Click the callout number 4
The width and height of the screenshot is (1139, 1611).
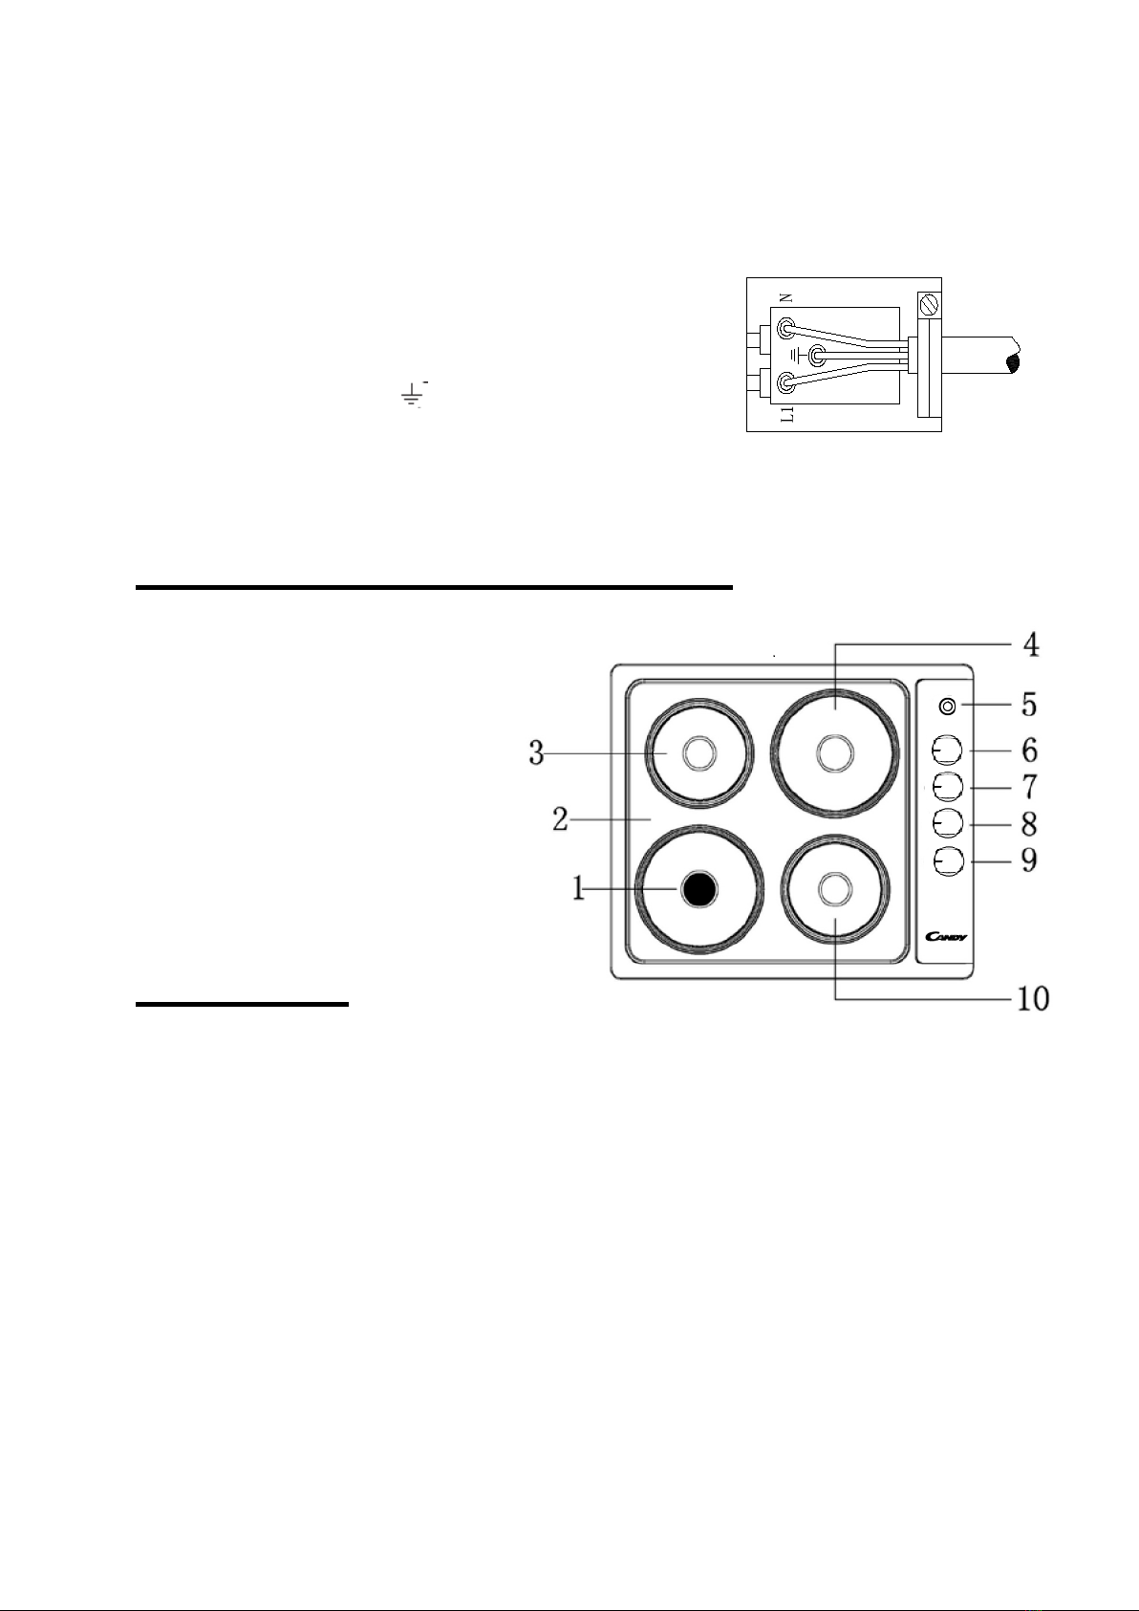(1031, 644)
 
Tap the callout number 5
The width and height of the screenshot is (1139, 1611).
(1030, 705)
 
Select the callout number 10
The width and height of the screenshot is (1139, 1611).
(1033, 999)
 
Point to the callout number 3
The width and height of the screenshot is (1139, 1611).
(537, 753)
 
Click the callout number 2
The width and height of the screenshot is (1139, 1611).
(561, 819)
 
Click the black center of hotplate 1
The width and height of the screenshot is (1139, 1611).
(698, 890)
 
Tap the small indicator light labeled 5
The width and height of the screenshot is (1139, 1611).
(947, 707)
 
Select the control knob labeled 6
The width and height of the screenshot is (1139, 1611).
(947, 751)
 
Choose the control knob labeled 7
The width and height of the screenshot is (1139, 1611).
(947, 788)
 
